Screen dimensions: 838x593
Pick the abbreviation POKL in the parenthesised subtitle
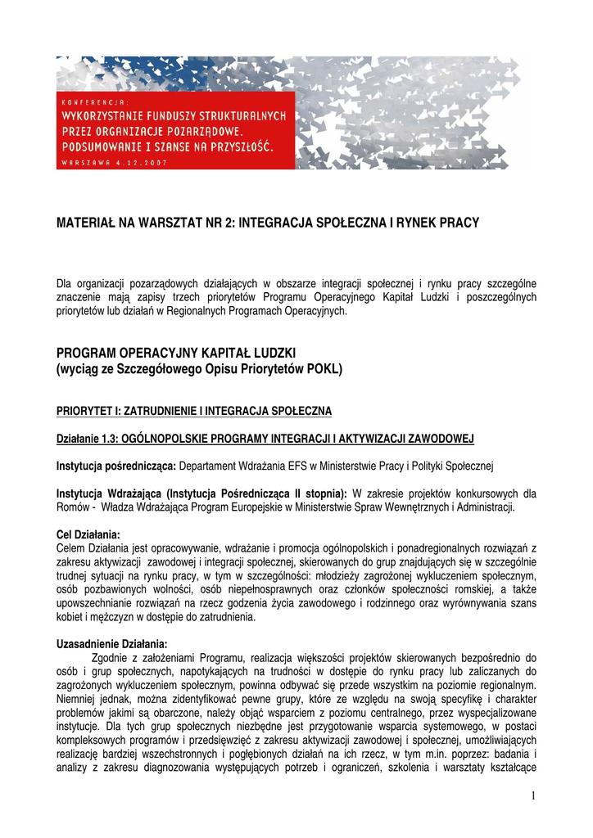click(x=325, y=369)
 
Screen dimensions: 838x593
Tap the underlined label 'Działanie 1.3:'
click(x=87, y=438)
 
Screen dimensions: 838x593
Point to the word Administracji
click(x=488, y=507)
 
